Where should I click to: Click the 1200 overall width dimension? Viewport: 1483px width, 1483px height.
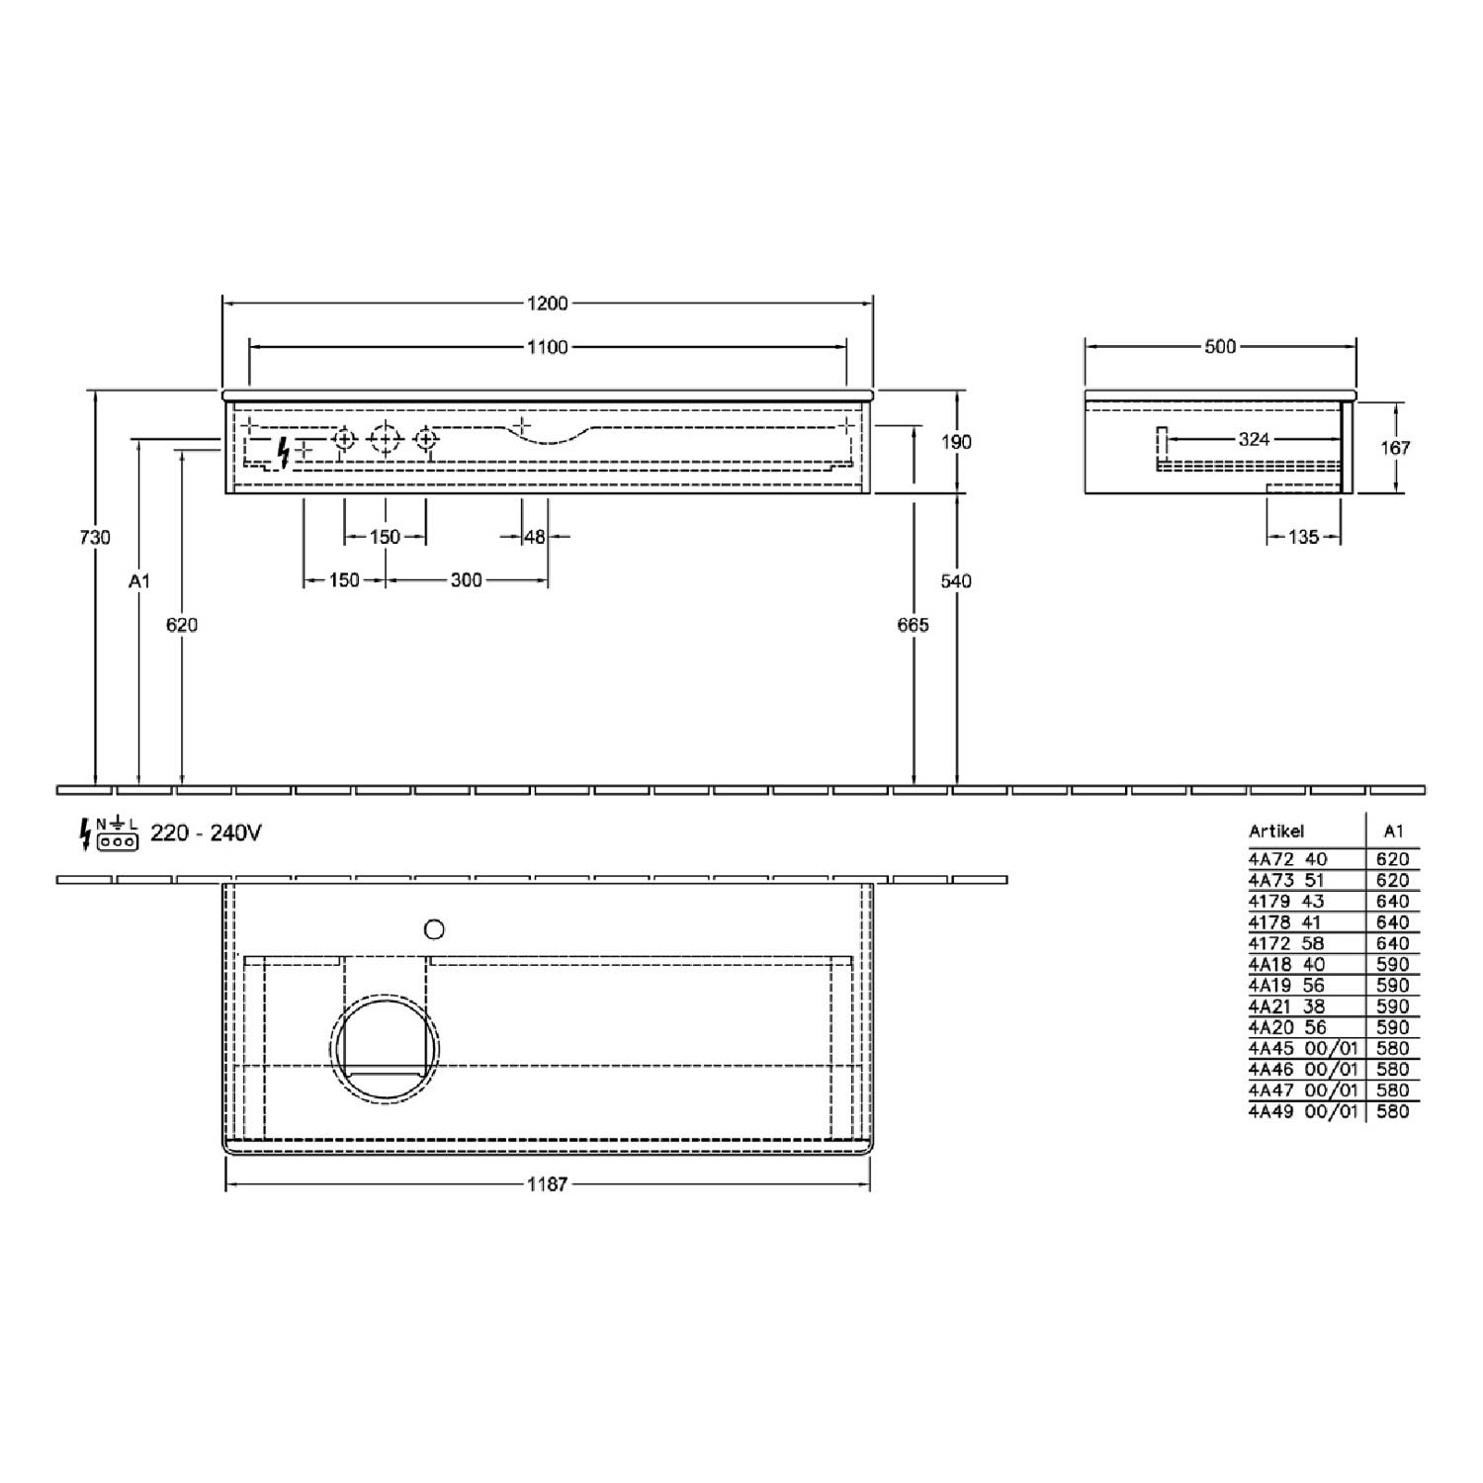click(547, 304)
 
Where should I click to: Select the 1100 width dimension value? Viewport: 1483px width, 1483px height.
click(547, 347)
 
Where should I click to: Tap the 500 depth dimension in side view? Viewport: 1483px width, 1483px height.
click(1220, 347)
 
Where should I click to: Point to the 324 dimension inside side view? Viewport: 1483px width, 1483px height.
click(1254, 439)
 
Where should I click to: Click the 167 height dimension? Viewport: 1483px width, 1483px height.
click(1395, 447)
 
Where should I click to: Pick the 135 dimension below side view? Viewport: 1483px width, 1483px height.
click(1303, 537)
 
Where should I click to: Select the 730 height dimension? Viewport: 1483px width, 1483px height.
click(95, 537)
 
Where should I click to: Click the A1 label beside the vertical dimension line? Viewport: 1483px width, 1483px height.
click(139, 581)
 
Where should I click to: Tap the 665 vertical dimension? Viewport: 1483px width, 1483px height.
click(914, 625)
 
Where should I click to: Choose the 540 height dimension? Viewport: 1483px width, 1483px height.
click(956, 581)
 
